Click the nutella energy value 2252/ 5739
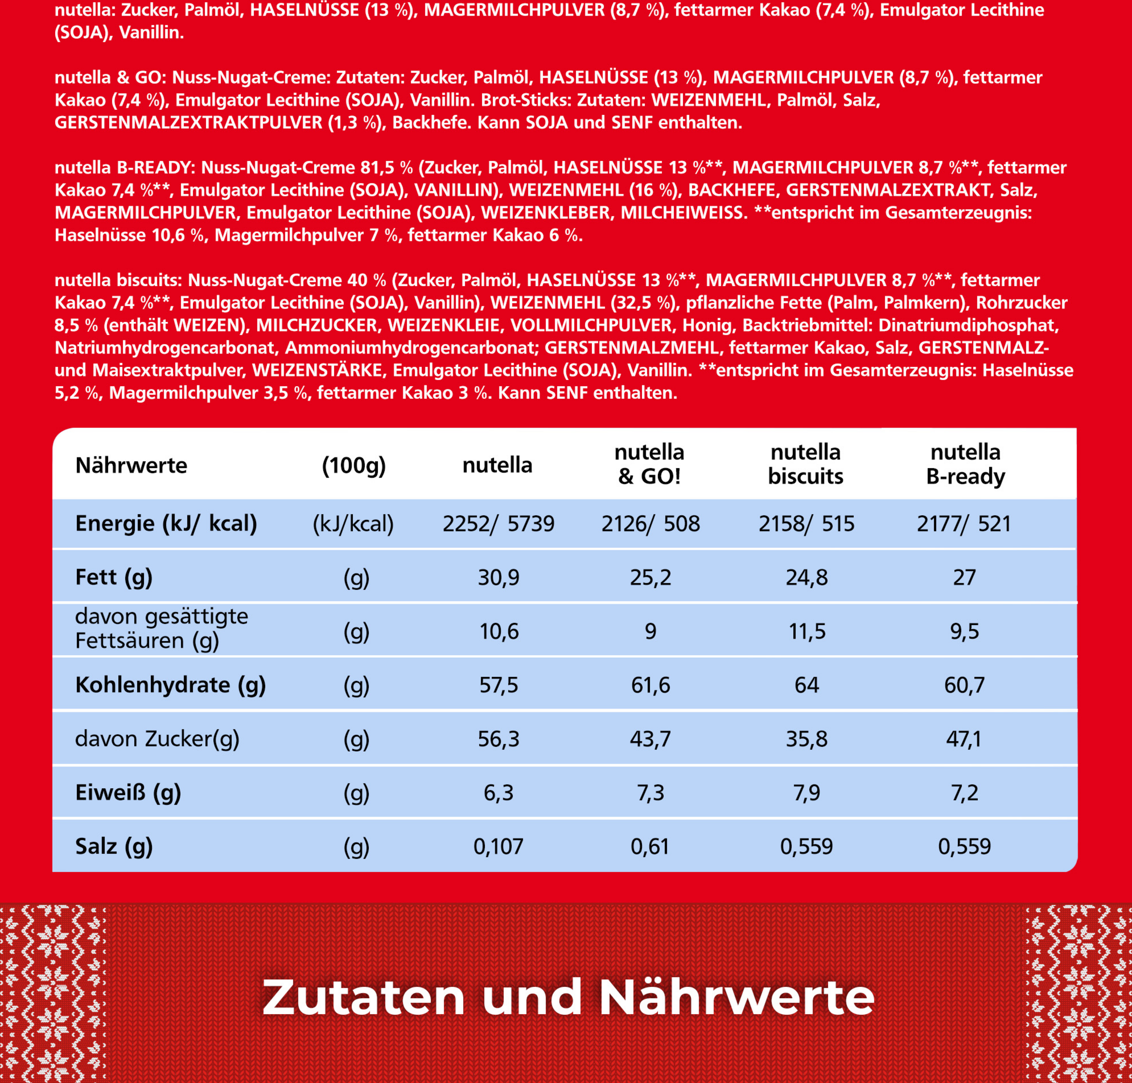pos(498,524)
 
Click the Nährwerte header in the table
pos(131,465)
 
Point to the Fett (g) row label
pos(114,577)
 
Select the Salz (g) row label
pos(114,846)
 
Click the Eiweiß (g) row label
pos(128,793)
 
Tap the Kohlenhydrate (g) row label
pos(170,685)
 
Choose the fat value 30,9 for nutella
pos(499,577)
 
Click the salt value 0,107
pos(499,846)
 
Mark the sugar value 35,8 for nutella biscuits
pos(806,739)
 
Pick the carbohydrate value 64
pos(806,685)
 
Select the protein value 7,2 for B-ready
pos(965,793)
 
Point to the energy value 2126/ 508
pos(650,524)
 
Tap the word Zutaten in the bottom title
pos(363,998)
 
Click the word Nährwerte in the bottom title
pos(736,998)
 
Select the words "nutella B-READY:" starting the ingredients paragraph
pos(125,167)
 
